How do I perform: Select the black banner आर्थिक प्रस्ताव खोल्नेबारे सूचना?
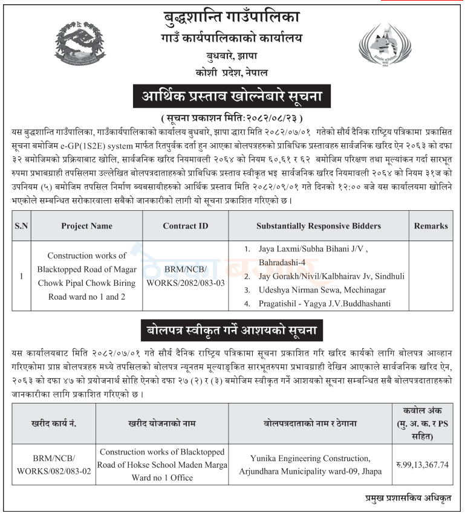232,96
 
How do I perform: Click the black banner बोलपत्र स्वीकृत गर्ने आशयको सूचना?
232,331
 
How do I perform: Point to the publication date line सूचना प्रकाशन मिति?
232,117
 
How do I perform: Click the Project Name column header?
86,226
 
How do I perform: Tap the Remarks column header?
431,226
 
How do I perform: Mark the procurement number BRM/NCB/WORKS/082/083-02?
54,465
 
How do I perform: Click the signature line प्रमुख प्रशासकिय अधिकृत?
414,499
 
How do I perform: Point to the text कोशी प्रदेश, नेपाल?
232,73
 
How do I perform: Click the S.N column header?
21,226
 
